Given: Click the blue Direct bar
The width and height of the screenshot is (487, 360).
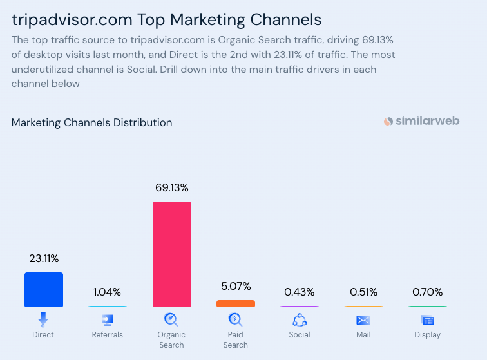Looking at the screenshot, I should tap(44, 290).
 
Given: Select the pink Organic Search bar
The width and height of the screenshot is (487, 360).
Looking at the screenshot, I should tap(172, 254).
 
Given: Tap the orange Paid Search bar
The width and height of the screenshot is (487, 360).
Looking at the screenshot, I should tap(236, 303).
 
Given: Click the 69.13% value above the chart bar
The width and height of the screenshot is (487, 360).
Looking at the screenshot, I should tap(172, 188).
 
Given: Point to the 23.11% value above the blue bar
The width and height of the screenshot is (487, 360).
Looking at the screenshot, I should tap(44, 259).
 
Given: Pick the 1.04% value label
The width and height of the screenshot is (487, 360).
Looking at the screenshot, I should tap(108, 292).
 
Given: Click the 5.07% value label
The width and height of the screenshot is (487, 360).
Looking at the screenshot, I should tap(235, 286).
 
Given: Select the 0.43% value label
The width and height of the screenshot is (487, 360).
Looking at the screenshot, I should tap(300, 292).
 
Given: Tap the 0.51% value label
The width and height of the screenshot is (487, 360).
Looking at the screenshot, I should tap(363, 292).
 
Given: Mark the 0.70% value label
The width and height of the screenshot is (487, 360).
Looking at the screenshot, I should tap(428, 292).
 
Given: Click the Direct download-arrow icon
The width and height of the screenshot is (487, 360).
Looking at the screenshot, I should tap(43, 319).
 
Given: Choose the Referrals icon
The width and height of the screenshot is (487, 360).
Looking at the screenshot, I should tap(108, 319).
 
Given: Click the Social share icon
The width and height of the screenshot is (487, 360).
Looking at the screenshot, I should tap(300, 319).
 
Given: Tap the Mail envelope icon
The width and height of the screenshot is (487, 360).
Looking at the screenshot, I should tap(363, 320).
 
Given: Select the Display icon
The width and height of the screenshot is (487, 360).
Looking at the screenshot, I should tap(428, 319).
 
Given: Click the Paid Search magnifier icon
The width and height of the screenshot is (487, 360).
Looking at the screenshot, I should tap(235, 319).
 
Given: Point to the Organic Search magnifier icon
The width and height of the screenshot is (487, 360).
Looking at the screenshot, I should tap(171, 319).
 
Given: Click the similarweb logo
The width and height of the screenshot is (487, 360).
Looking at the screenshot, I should tap(421, 121).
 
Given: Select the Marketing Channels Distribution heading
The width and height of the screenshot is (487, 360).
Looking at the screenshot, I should tap(91, 122).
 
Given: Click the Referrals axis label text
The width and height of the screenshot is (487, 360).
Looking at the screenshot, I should tap(108, 335).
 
